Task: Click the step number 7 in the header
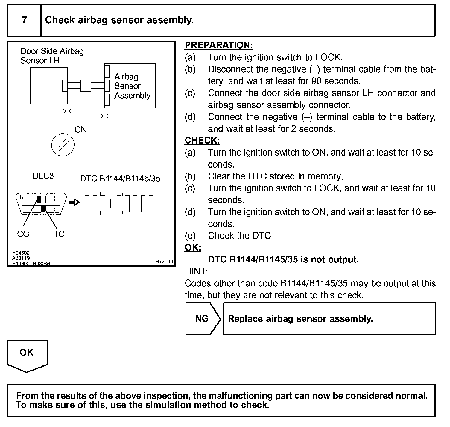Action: [x=24, y=20]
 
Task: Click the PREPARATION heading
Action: [x=219, y=45]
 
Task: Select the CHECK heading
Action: [x=202, y=140]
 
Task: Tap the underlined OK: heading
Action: [x=193, y=248]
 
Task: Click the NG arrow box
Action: [x=203, y=319]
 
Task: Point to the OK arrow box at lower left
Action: [x=27, y=354]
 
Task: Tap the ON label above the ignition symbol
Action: [x=80, y=130]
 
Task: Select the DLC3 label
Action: [x=43, y=176]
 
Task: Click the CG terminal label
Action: [x=23, y=234]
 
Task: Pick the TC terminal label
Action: [x=59, y=234]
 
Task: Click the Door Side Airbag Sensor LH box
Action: [x=48, y=86]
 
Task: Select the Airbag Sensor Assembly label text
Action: [x=132, y=86]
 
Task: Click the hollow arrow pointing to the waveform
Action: [x=75, y=202]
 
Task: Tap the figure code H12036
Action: [x=164, y=262]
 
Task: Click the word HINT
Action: [x=196, y=271]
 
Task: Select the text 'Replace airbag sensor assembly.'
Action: [x=300, y=319]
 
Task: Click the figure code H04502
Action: [x=21, y=253]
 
